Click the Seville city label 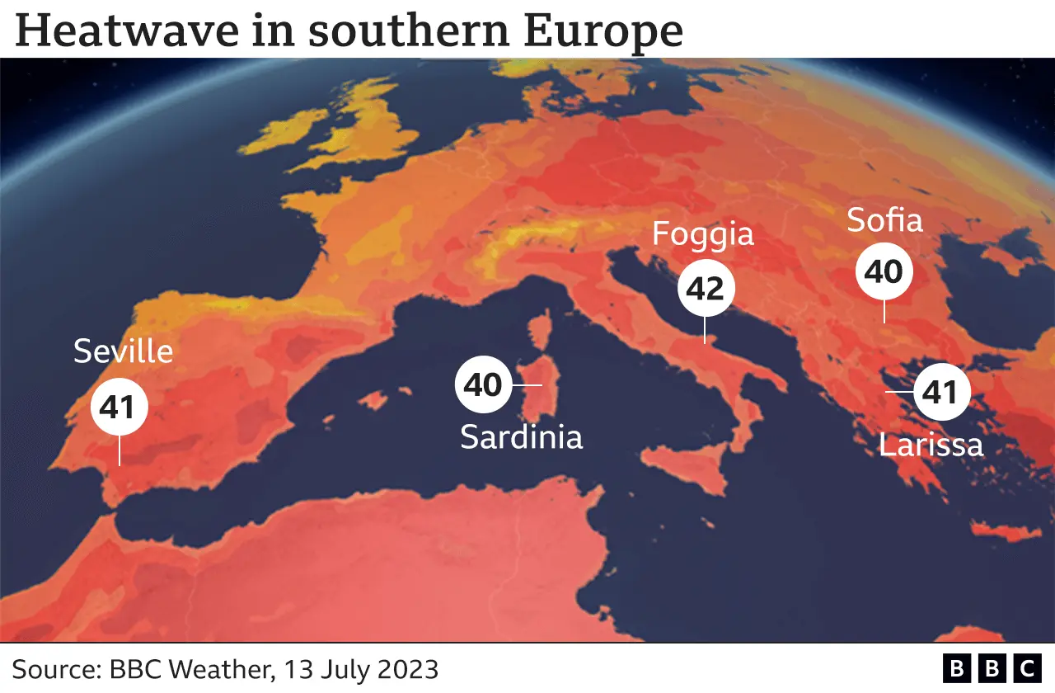click(x=124, y=352)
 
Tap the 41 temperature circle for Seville click(x=120, y=407)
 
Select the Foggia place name click(x=703, y=234)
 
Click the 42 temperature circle click(x=706, y=289)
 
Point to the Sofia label click(x=884, y=221)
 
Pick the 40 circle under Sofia click(x=884, y=271)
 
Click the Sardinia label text click(x=521, y=436)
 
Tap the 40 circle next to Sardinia click(x=484, y=384)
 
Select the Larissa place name click(x=931, y=445)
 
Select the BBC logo click(x=992, y=667)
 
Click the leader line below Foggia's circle click(x=706, y=328)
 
